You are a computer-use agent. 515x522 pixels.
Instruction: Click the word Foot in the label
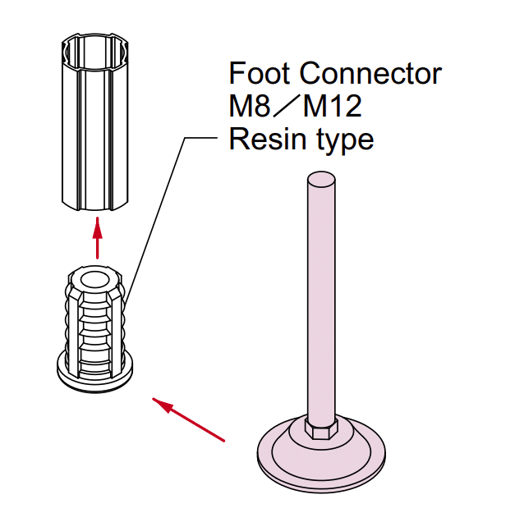click(x=260, y=74)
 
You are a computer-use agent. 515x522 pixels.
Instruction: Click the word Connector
click(x=370, y=74)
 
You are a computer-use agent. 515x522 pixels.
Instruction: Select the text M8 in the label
click(x=249, y=107)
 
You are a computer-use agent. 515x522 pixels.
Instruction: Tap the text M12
click(x=333, y=107)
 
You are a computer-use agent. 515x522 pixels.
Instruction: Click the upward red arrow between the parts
click(x=99, y=237)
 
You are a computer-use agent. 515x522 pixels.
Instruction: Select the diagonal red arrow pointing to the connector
click(x=188, y=419)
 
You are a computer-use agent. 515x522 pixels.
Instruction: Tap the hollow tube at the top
click(x=97, y=123)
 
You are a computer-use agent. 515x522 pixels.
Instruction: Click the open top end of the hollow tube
click(x=98, y=43)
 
